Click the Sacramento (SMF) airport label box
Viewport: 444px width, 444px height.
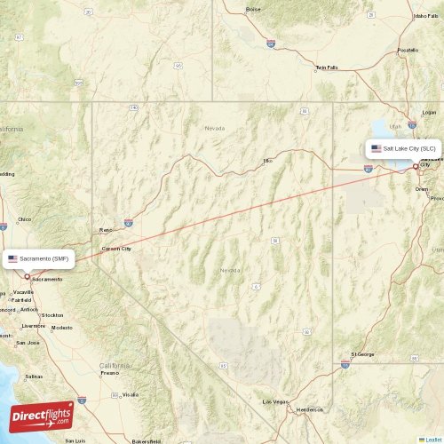[40, 258]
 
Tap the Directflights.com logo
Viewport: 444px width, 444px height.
[42, 415]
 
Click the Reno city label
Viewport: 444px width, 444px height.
[106, 229]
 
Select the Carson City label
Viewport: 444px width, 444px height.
[117, 249]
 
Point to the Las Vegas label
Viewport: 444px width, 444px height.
[274, 402]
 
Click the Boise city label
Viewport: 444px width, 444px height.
[254, 9]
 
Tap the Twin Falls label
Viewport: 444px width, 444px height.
[328, 67]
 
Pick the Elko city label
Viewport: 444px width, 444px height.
[266, 161]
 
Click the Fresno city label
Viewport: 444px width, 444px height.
[110, 373]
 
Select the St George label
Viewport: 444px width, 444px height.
[362, 354]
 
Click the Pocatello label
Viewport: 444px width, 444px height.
[408, 50]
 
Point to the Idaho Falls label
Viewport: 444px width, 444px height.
[426, 16]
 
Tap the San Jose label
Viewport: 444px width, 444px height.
[28, 342]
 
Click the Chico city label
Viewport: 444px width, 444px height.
[24, 218]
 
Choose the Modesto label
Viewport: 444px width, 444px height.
[62, 328]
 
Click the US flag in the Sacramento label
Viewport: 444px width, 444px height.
[12, 258]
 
